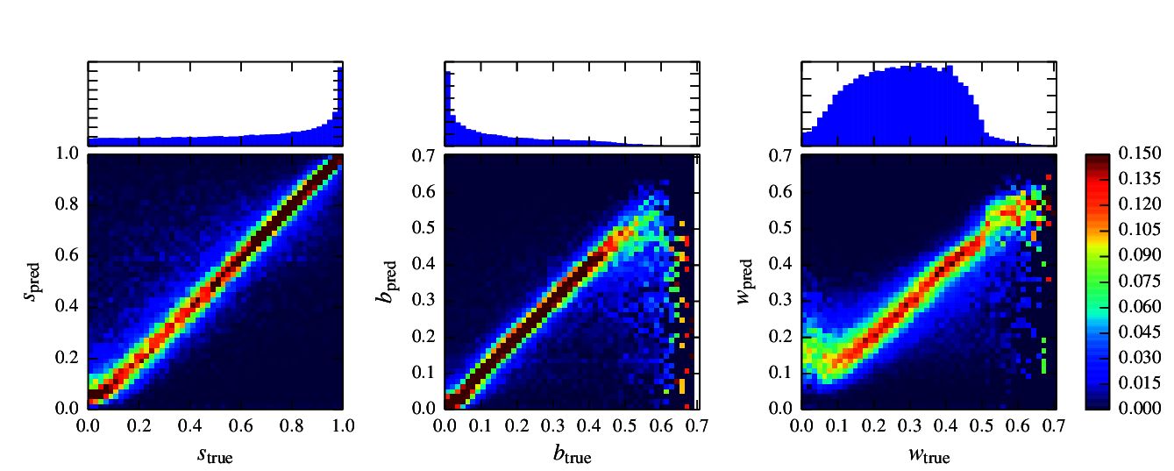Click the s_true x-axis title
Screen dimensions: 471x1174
coord(215,455)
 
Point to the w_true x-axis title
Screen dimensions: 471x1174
coord(929,455)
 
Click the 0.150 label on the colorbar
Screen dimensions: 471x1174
coord(1140,154)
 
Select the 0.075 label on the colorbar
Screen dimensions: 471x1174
coord(1140,282)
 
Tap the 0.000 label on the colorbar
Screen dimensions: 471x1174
coord(1140,409)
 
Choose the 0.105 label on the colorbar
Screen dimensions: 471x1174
coord(1140,231)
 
